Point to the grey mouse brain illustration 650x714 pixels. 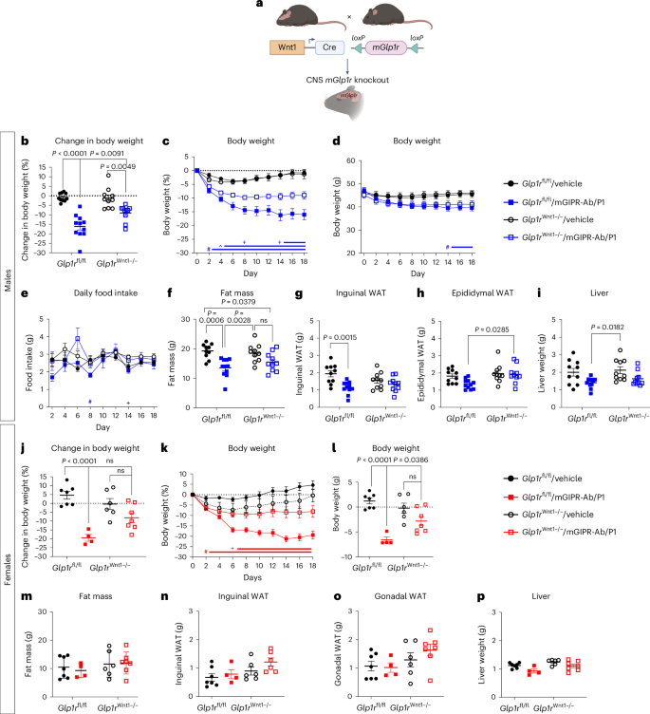tap(325, 103)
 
